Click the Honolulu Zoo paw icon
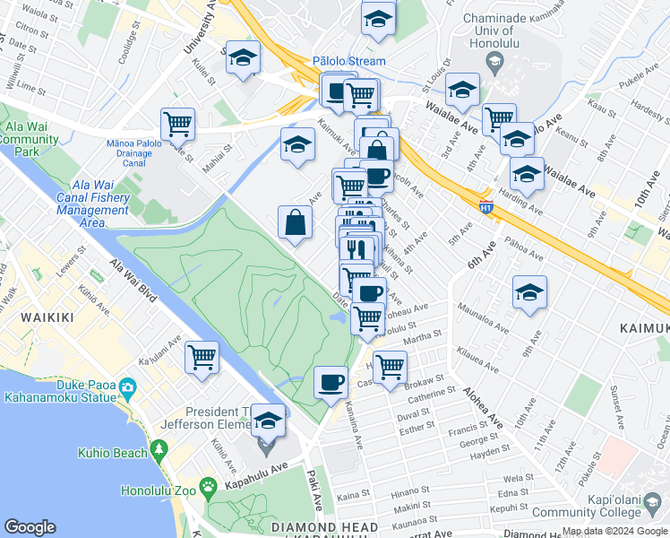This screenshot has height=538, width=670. coord(209,488)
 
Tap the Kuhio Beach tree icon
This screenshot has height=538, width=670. coord(160,448)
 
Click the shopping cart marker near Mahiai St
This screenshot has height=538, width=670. coord(178,124)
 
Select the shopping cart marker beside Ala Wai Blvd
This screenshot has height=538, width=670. coord(202,356)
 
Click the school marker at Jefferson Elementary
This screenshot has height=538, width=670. coord(268,419)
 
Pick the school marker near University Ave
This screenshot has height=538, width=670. coord(241,58)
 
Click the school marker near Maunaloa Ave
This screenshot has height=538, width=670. coord(529,291)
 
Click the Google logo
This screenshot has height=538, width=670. coord(30,527)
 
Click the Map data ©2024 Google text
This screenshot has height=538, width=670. coord(614,531)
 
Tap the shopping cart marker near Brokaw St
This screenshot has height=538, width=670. coord(390,366)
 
